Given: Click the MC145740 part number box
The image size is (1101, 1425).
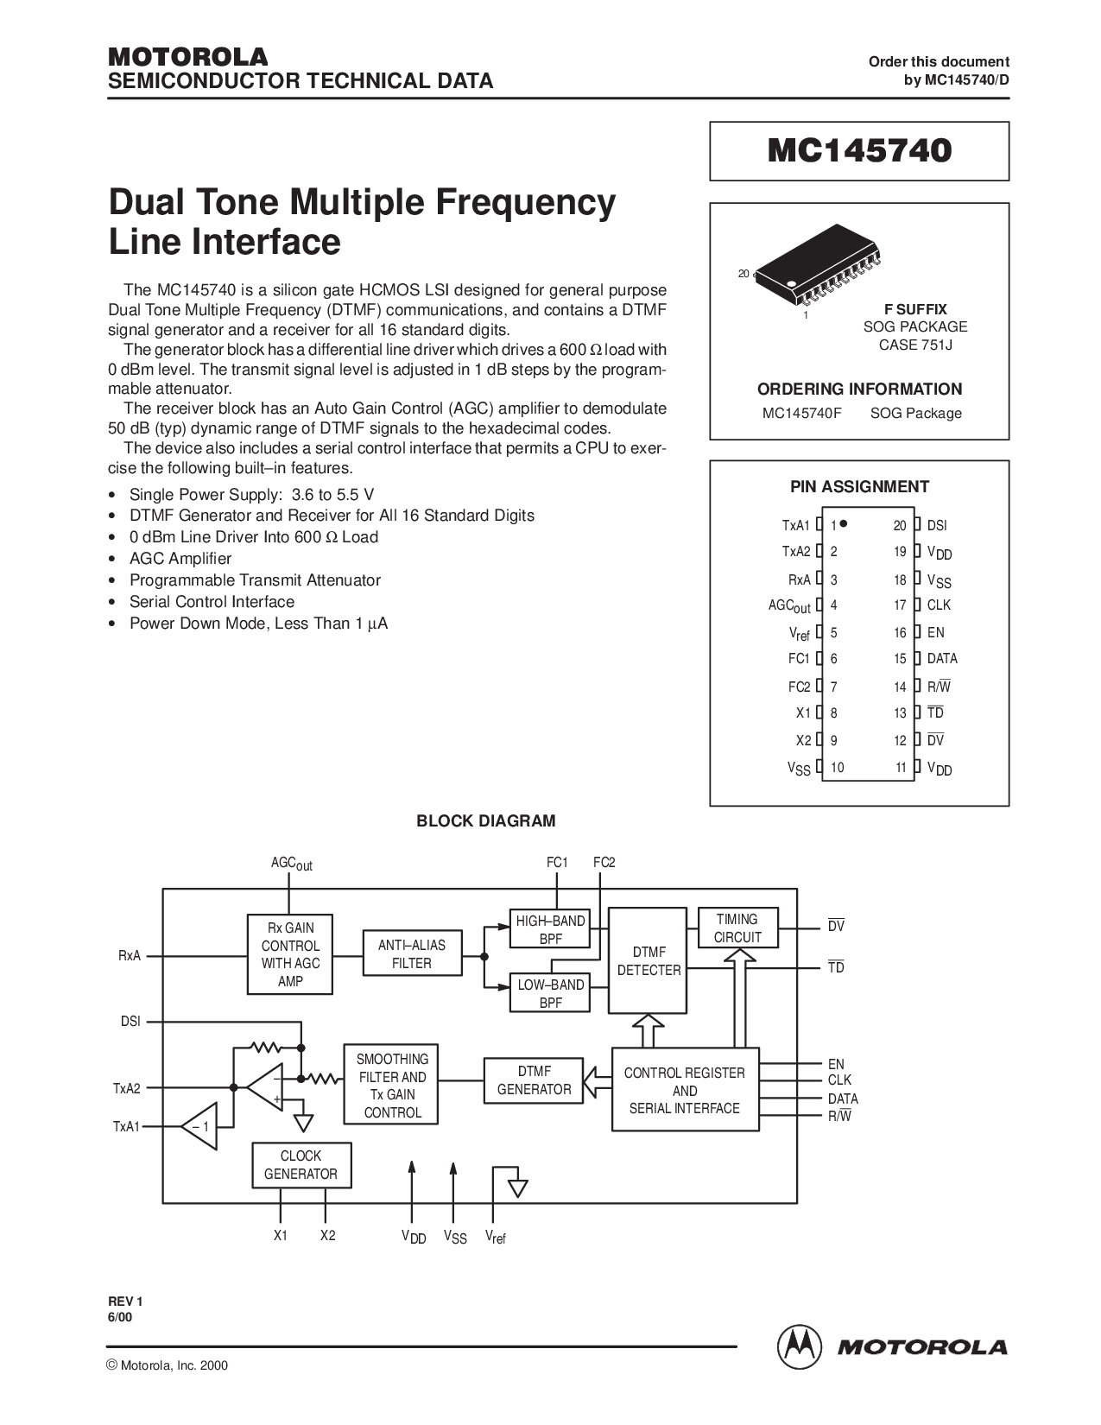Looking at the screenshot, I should tap(859, 151).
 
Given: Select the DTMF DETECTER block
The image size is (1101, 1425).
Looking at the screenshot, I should tap(649, 960).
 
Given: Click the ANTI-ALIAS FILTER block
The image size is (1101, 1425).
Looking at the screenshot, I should tap(412, 953).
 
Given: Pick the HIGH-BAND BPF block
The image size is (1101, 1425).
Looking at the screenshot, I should tap(550, 929).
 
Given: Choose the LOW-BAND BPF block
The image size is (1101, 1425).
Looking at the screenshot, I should tap(550, 993).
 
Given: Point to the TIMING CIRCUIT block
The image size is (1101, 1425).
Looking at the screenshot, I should tap(737, 928).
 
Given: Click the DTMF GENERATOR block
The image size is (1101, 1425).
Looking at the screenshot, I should tap(534, 1080).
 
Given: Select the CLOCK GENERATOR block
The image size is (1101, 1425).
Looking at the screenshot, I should tap(301, 1165).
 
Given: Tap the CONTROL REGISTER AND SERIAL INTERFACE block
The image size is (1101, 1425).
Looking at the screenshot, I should tap(685, 1090).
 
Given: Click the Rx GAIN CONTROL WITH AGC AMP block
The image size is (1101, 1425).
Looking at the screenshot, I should tap(291, 954).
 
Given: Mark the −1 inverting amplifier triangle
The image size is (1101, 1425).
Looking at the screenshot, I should tap(200, 1126).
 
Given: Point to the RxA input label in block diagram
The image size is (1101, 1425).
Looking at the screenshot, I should tap(130, 956).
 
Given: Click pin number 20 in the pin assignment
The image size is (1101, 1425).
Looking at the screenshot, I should tap(900, 525).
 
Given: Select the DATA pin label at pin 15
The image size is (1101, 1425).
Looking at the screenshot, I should tap(942, 658).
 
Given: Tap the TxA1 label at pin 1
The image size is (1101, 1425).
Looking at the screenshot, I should tap(795, 525).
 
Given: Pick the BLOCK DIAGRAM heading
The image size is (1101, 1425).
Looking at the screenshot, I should tap(485, 820).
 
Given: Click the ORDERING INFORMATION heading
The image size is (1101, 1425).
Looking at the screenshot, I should tap(859, 389).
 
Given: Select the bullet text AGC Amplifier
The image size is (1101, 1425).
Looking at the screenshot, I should tap(180, 558).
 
